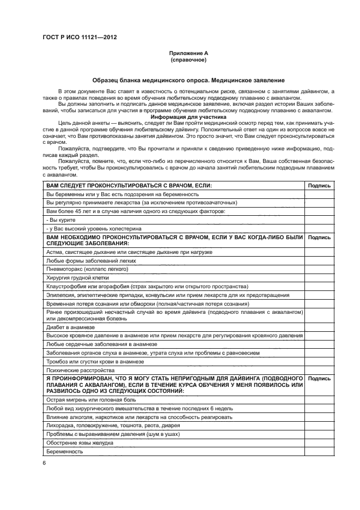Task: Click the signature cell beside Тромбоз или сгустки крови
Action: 319,361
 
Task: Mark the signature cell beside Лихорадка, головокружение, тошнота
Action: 319,426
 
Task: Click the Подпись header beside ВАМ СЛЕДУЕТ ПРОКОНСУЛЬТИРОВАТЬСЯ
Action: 319,185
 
